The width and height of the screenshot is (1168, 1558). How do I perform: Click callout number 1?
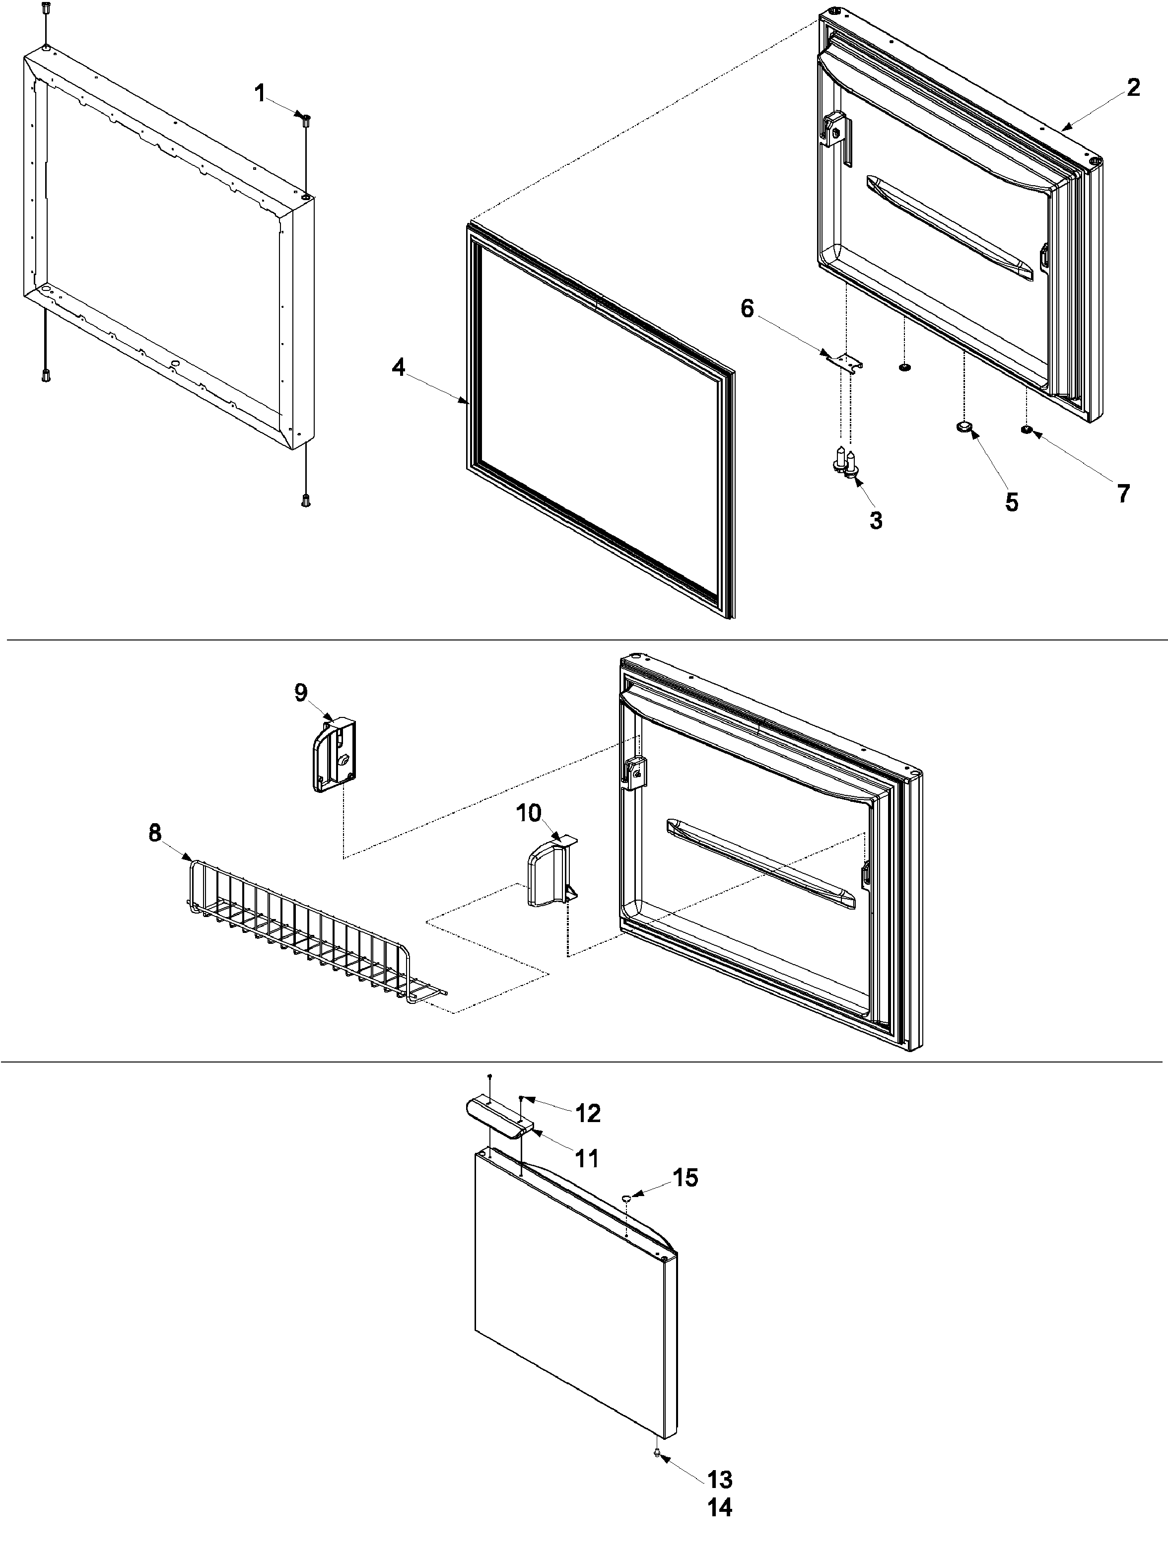pyautogui.click(x=260, y=93)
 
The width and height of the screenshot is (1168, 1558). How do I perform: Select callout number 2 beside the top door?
pyautogui.click(x=1133, y=88)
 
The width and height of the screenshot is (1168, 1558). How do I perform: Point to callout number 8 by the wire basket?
pyautogui.click(x=155, y=833)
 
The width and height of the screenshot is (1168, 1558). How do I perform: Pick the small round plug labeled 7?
pyautogui.click(x=1026, y=429)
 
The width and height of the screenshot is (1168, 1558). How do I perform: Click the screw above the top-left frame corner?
pyautogui.click(x=46, y=10)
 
